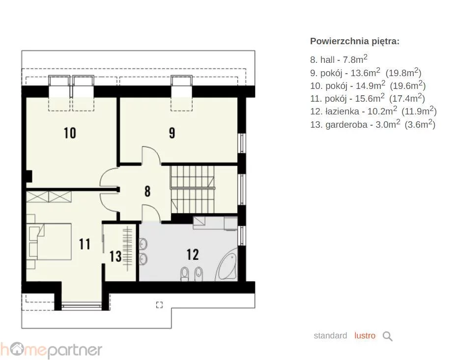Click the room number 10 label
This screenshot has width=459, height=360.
point(70,133)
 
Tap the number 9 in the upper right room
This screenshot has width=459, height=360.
point(172,133)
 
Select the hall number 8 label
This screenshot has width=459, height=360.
point(147,191)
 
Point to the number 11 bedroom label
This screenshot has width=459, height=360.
point(85,244)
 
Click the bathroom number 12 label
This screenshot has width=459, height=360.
point(193,254)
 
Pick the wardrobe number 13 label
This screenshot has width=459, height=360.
point(115,256)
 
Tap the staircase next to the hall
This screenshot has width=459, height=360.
point(193,190)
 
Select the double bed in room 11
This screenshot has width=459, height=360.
point(49,242)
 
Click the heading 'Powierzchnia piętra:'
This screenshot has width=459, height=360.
point(355,41)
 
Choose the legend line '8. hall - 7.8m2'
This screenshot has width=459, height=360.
point(339,59)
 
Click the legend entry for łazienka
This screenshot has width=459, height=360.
point(373,111)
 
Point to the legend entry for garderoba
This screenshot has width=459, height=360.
point(373,124)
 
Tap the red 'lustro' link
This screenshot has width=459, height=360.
point(365,335)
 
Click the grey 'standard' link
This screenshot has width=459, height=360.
point(330,335)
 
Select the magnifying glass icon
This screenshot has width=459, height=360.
point(387,336)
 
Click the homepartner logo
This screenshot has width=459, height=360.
point(51,350)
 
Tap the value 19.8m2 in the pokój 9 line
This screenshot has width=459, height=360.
point(403,72)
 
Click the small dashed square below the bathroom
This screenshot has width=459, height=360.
point(159,305)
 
